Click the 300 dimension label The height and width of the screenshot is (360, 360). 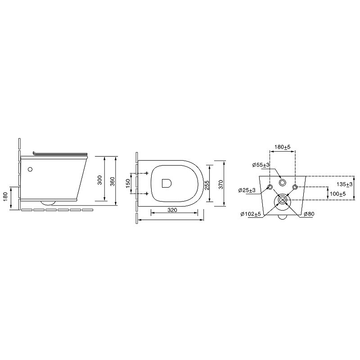99,180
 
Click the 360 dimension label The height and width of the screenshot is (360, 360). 112,182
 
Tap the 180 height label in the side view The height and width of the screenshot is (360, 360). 5,196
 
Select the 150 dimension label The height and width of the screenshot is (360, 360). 128,183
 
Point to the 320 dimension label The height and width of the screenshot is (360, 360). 172,210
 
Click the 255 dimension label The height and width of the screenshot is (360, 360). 207,185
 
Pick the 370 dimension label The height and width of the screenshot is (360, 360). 220,184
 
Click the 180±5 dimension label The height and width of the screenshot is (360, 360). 283,147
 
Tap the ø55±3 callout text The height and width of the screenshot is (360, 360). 261,165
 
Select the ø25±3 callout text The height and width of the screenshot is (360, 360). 247,190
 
